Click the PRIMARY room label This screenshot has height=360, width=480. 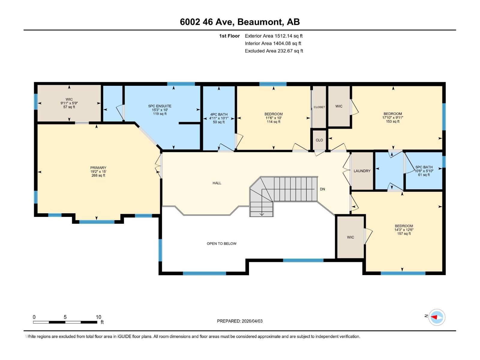(98, 168)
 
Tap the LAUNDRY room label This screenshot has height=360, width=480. (362, 171)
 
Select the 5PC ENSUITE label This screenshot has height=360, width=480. (160, 106)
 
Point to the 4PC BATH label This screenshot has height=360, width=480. (219, 114)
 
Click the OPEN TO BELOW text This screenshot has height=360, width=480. (221, 244)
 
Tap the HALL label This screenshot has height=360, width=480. (217, 183)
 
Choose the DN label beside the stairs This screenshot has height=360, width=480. (322, 189)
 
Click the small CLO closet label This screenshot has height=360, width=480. (319, 140)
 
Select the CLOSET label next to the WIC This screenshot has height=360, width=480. (319, 107)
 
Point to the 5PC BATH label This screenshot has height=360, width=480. (424, 167)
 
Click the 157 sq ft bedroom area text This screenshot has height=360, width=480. (404, 234)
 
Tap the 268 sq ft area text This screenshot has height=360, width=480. (98, 175)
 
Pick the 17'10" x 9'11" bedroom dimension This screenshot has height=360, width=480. (393, 118)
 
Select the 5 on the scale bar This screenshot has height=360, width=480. (65, 317)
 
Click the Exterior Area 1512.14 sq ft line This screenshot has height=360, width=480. (274, 36)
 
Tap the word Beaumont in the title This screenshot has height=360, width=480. (260, 22)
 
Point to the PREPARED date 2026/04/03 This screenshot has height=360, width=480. (252, 321)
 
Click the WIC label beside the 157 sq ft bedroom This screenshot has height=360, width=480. (350, 237)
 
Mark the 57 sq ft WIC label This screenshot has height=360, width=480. (69, 107)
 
